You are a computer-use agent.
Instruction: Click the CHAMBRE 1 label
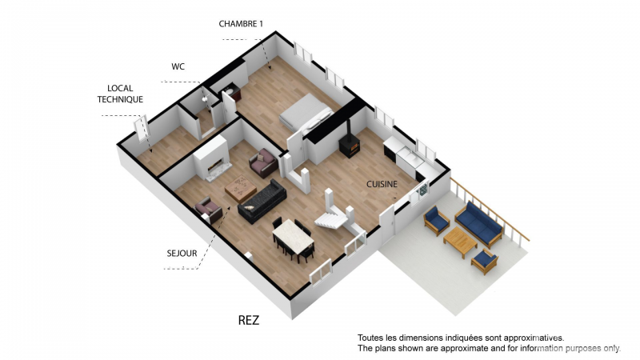pyautogui.click(x=241, y=24)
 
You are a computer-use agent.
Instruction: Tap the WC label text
pyautogui.click(x=178, y=66)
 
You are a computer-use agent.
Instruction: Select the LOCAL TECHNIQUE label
pyautogui.click(x=120, y=94)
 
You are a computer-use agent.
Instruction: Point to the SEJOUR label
pyautogui.click(x=182, y=254)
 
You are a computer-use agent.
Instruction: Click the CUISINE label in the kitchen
pyautogui.click(x=382, y=184)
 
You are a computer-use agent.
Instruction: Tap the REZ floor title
pyautogui.click(x=249, y=321)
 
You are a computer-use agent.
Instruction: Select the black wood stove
pyautogui.click(x=350, y=146)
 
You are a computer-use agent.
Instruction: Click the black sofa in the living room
pyautogui.click(x=262, y=202)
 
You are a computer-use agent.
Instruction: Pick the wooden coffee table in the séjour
pyautogui.click(x=241, y=188)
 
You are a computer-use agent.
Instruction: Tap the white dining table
pyautogui.click(x=293, y=237)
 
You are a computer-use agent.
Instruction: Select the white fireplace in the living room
pyautogui.click(x=212, y=158)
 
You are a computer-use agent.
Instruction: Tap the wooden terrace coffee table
pyautogui.click(x=461, y=242)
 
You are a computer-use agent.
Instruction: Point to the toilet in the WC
pyautogui.click(x=205, y=98)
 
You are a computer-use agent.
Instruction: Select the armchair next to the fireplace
pyautogui.click(x=264, y=163)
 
